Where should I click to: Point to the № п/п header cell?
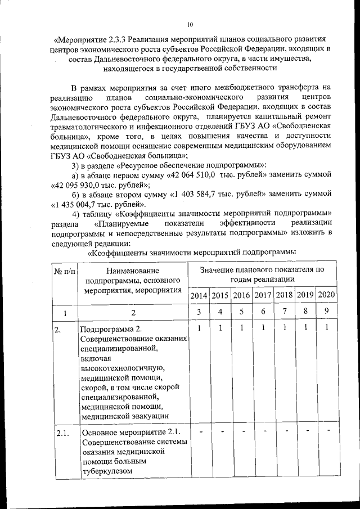(65, 272)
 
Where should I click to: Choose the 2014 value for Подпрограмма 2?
(199, 327)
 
